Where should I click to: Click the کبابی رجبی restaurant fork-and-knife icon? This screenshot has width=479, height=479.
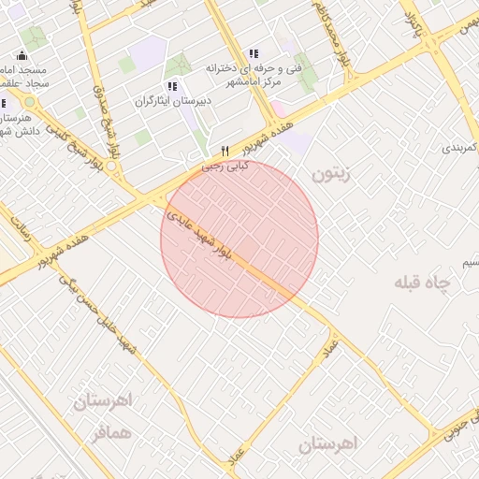pyautogui.click(x=225, y=152)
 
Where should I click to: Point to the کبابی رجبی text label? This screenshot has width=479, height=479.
pyautogui.click(x=225, y=167)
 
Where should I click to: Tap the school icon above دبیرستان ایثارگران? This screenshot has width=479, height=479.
pyautogui.click(x=171, y=86)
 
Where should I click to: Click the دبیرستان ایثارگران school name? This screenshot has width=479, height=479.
pyautogui.click(x=173, y=100)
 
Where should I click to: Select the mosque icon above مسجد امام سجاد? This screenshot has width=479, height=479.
pyautogui.click(x=22, y=55)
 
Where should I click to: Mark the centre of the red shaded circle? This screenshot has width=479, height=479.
pyautogui.click(x=239, y=239)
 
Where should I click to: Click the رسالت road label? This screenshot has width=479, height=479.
pyautogui.click(x=20, y=230)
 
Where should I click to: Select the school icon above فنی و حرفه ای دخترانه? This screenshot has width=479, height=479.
pyautogui.click(x=253, y=53)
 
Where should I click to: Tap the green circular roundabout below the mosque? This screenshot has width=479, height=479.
pyautogui.click(x=29, y=101)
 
